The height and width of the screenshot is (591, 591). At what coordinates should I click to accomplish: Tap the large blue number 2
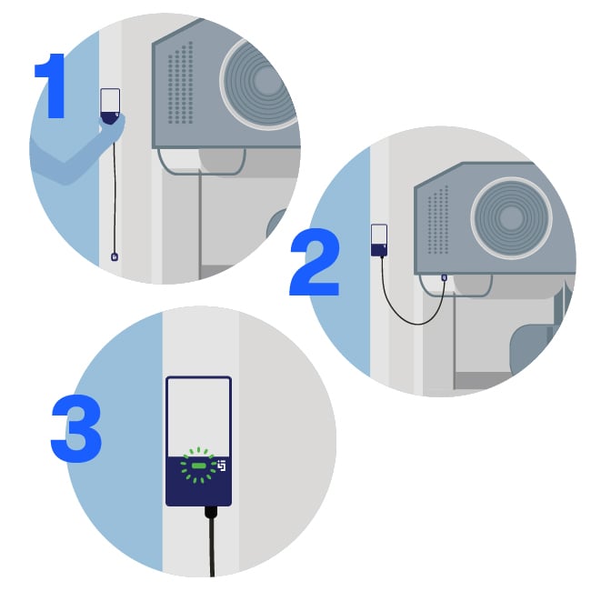click(315, 264)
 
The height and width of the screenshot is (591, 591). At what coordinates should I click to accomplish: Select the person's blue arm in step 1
click(73, 155)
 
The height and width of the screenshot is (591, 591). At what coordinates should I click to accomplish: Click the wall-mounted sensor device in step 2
click(379, 241)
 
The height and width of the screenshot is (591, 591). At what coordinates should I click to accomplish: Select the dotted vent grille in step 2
click(438, 219)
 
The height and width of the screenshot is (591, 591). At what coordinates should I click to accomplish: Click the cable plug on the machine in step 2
click(443, 276)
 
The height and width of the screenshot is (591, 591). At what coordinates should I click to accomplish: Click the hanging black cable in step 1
click(113, 191)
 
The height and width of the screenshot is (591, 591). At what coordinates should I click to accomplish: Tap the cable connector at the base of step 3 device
click(211, 511)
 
